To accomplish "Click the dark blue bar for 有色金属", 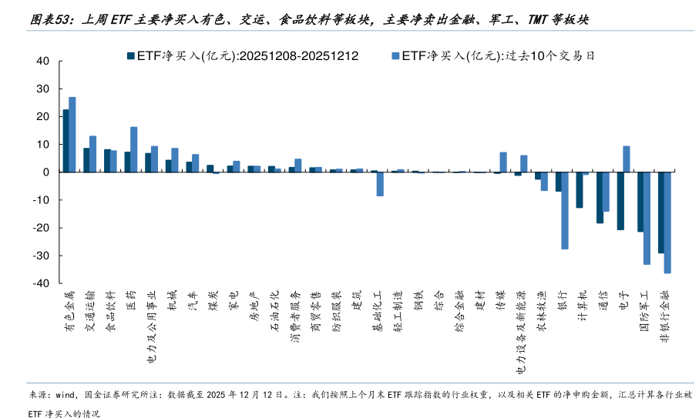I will [66, 141].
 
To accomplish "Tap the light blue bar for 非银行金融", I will [667, 222].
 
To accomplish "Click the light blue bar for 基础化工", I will [380, 184].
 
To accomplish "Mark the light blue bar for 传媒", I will [503, 162].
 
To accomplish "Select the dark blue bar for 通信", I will [600, 197].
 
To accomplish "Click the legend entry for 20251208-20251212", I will [242, 56].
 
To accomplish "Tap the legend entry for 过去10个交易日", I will [498, 56].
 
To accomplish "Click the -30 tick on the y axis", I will [40, 256].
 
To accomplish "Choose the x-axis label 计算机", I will [582, 307].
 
